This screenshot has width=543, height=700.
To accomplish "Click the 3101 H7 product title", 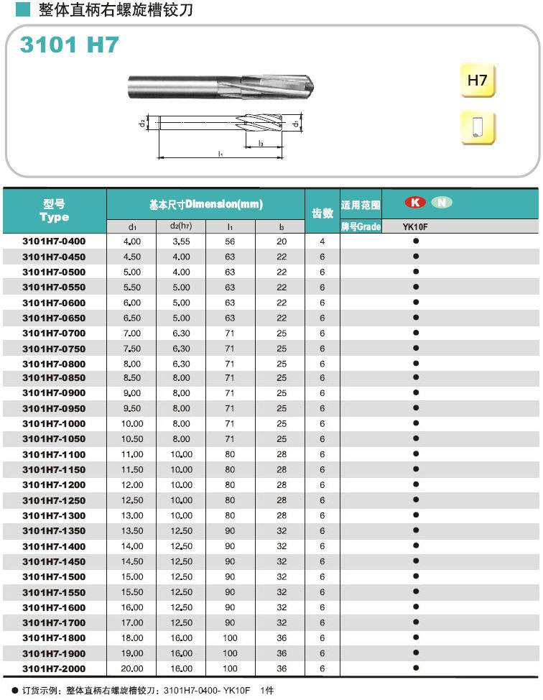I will tap(68, 45).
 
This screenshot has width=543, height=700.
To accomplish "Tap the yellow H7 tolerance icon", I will tap(478, 80).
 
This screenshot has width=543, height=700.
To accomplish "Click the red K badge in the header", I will tap(415, 203).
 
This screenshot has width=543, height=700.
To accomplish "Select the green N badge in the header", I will tap(442, 203).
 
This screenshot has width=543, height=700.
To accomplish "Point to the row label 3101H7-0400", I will tap(54, 241).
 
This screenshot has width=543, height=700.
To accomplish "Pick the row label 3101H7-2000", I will tap(54, 668).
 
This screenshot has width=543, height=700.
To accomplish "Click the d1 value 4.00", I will tap(133, 241).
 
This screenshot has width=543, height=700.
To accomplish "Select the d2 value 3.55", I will tap(181, 241).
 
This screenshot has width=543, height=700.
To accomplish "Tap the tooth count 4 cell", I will tap(322, 241).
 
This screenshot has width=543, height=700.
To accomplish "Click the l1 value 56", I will tap(230, 241).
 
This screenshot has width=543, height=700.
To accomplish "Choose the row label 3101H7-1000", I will tap(54, 424).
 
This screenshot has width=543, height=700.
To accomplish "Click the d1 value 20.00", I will tap(133, 668).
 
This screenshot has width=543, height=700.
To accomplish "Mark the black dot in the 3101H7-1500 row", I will tap(415, 576).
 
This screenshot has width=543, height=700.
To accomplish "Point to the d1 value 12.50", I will tap(133, 500).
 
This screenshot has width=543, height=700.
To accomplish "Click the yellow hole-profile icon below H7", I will tap(478, 127).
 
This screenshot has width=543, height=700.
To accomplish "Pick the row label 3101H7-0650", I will tap(54, 318).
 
